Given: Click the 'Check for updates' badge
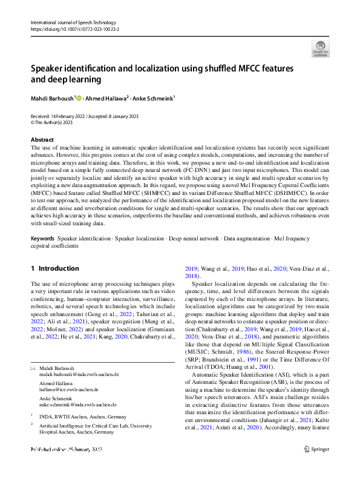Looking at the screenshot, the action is pyautogui.click(x=320, y=48).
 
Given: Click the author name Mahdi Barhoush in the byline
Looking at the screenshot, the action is pyautogui.click(x=52, y=97).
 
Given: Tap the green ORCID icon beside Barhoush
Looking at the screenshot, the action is pyautogui.click(x=79, y=97).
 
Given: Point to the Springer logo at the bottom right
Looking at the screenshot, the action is pyautogui.click(x=316, y=466).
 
